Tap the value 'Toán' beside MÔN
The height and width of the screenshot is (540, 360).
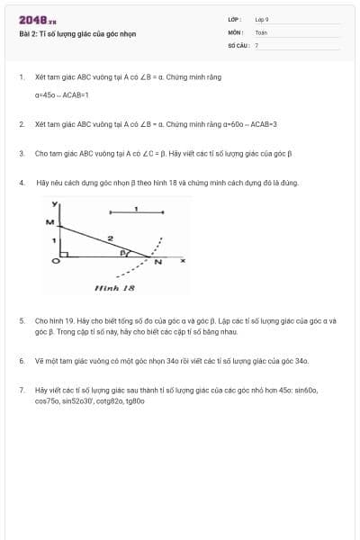point(261,31)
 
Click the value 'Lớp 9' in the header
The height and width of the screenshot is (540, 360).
point(262,19)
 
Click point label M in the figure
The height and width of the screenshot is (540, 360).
point(49,221)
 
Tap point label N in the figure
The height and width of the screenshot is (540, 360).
point(158,263)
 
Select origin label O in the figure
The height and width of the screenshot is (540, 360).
point(55,261)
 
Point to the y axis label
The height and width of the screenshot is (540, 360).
point(55,203)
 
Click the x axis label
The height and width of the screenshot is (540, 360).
point(183,261)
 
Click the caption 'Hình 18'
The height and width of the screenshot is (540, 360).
point(114,287)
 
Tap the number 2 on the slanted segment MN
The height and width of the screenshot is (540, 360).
point(110,238)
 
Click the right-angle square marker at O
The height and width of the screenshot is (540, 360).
point(63,255)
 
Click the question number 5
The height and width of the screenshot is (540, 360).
point(22,320)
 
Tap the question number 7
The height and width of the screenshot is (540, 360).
point(22,391)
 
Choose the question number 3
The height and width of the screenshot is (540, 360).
point(22,153)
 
